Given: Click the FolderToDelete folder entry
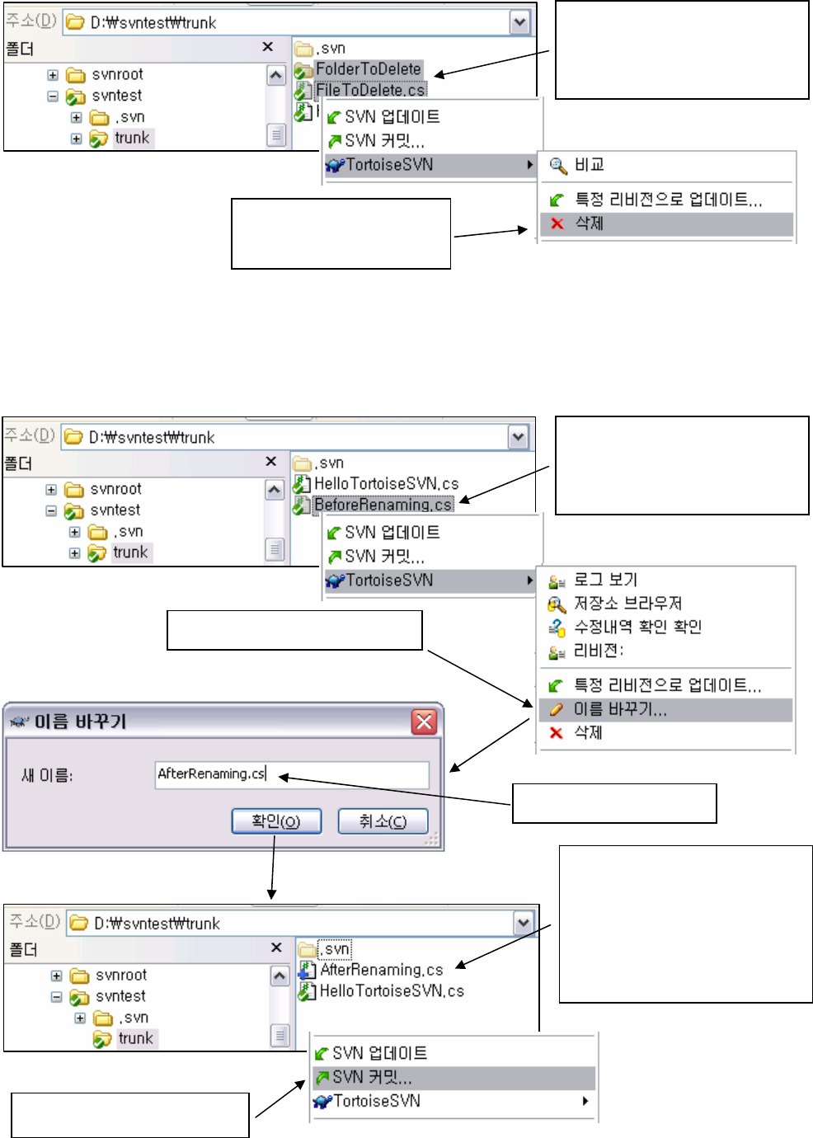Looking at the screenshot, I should tap(368, 69).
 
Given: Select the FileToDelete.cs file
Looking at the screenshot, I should tap(370, 90).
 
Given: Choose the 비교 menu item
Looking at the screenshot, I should tap(589, 165).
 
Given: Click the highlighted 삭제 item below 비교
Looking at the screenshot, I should tap(589, 223).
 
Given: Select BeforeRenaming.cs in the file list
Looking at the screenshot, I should tap(383, 505).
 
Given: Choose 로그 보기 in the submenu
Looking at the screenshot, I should tap(605, 580).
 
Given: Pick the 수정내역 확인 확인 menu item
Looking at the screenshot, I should tap(637, 627).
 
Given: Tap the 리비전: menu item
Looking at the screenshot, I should tap(599, 651).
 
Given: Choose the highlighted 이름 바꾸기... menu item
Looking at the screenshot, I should tap(620, 709).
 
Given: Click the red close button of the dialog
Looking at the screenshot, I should tap(424, 722).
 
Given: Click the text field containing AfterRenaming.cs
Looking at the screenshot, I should tap(292, 774).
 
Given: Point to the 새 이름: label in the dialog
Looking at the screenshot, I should tap(47, 775).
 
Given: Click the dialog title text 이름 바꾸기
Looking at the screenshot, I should tap(80, 722).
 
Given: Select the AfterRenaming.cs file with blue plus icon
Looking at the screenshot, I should tap(381, 970).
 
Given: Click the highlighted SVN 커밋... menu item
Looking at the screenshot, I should tap(372, 1077).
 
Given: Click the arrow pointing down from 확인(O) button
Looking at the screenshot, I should tap(272, 874).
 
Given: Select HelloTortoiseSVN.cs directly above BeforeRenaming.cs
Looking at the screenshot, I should tap(386, 484).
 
